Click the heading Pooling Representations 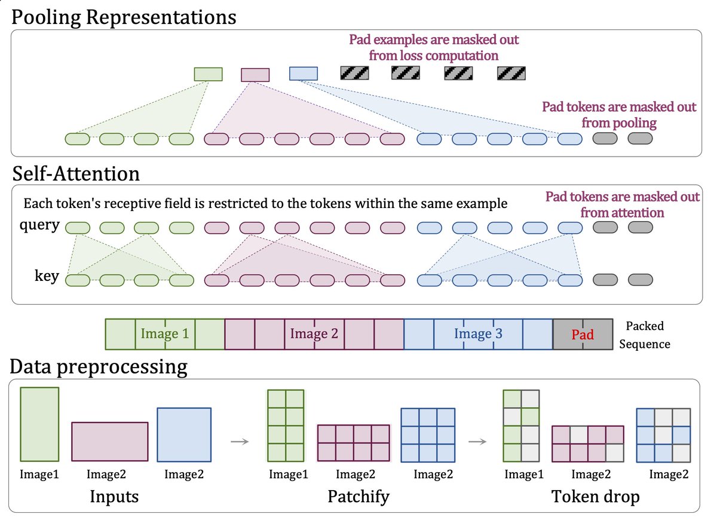tap(124, 17)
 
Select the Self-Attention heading tap(76, 174)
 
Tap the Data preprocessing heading tap(99, 367)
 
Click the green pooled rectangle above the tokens tap(208, 74)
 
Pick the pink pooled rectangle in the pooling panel tap(255, 75)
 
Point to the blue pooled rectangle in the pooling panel tap(304, 74)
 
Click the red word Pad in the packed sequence tap(583, 335)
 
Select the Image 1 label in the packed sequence tap(165, 334)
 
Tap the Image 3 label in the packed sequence tap(478, 334)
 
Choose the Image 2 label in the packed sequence tap(314, 334)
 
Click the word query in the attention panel tap(39, 225)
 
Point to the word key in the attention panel tap(47, 276)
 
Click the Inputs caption tap(114, 497)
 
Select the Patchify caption tap(358, 497)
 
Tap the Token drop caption tap(595, 497)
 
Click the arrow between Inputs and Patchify tap(240, 442)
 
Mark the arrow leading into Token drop tap(477, 442)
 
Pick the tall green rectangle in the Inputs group tap(39, 424)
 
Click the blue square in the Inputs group tap(184, 435)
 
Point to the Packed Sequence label tap(645, 335)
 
